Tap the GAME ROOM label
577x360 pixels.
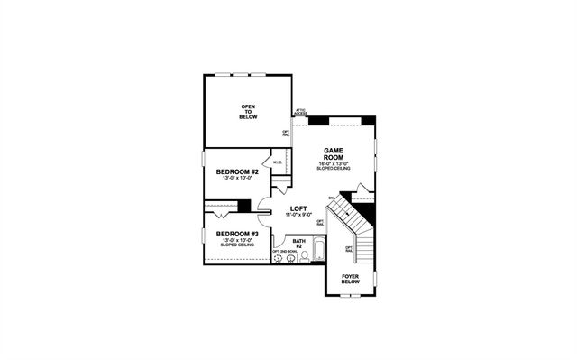point(332,154)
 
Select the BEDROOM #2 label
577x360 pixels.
point(238,171)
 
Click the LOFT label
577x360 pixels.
point(299,208)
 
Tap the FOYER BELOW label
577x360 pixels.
point(350,279)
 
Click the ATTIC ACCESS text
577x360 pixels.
point(300,112)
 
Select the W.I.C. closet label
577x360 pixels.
point(279,162)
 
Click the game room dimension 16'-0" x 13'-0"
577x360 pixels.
point(332,163)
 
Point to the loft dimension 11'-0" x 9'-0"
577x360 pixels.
point(299,216)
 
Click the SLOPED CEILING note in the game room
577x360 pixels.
point(332,169)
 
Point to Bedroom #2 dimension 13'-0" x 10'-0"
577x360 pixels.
point(238,178)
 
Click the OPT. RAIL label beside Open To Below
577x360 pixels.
point(286,133)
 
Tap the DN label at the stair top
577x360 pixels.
point(332,197)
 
